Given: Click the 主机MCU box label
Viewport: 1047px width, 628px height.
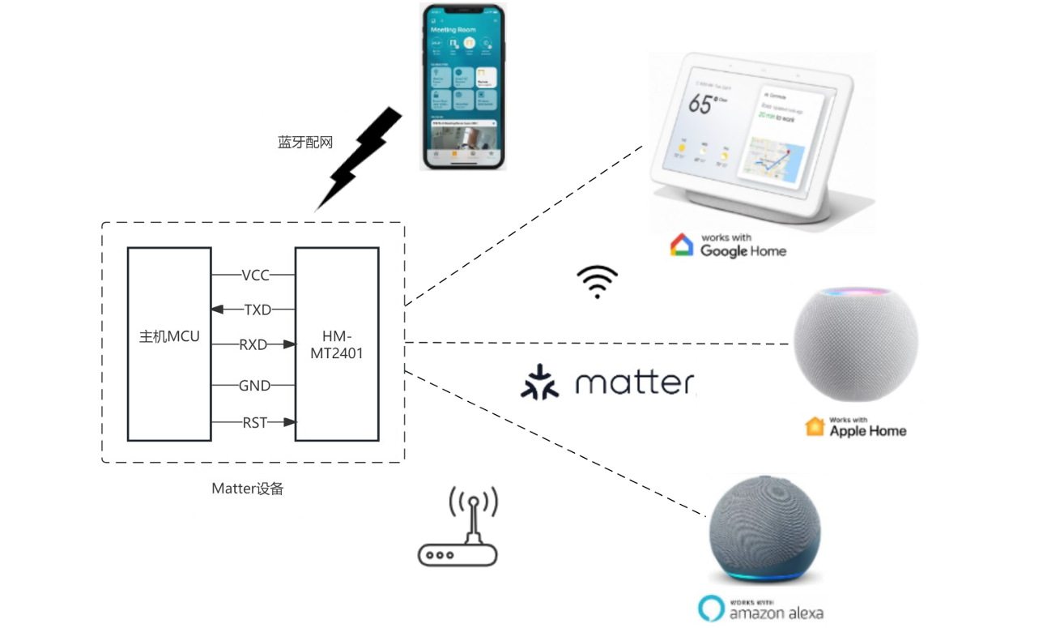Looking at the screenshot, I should pyautogui.click(x=169, y=336).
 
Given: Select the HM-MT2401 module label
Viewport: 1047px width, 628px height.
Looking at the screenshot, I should pyautogui.click(x=336, y=344).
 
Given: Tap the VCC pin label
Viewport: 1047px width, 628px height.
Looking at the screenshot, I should pyautogui.click(x=255, y=276).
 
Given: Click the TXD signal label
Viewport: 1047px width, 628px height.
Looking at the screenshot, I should pyautogui.click(x=257, y=310).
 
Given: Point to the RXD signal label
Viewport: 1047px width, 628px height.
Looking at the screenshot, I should pyautogui.click(x=253, y=344).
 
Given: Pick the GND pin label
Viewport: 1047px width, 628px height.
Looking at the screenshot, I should pyautogui.click(x=254, y=386).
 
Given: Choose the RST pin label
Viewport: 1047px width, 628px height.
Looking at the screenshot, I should pyautogui.click(x=254, y=422).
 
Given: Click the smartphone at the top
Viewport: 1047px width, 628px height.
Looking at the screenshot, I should pyautogui.click(x=463, y=87).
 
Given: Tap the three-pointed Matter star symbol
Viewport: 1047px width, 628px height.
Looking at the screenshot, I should pyautogui.click(x=538, y=383).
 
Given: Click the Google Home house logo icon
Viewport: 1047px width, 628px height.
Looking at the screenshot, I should pyautogui.click(x=682, y=245).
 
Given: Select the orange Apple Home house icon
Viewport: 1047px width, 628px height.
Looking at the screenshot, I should pyautogui.click(x=815, y=426).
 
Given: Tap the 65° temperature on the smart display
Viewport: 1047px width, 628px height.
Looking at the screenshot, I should pyautogui.click(x=701, y=105).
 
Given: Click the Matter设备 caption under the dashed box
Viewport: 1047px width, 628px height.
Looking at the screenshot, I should pyautogui.click(x=248, y=489).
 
